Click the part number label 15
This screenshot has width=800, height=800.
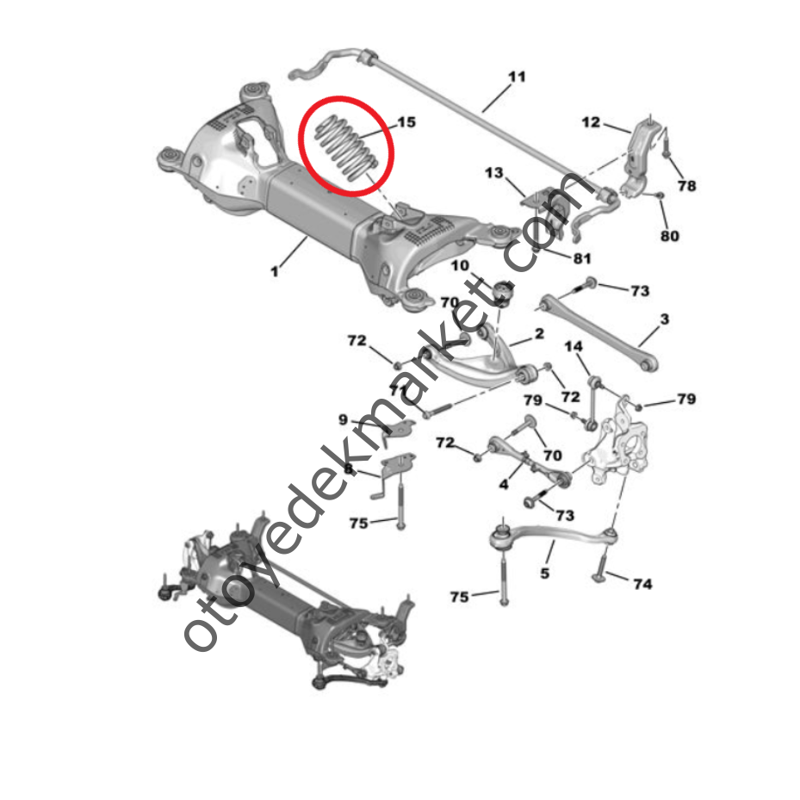406,122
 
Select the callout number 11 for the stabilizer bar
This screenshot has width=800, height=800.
516,77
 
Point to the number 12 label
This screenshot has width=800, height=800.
591,122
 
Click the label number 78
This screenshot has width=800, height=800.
686,185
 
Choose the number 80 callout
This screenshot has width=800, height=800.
669,235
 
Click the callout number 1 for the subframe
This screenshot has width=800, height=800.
274,271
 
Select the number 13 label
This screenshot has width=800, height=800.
493,174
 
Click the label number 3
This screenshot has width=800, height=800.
665,319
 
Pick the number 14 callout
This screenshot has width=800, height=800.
574,346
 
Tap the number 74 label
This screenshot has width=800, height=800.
642,584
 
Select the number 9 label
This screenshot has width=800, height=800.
343,419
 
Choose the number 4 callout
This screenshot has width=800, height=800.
504,486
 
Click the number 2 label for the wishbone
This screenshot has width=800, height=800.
539,333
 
